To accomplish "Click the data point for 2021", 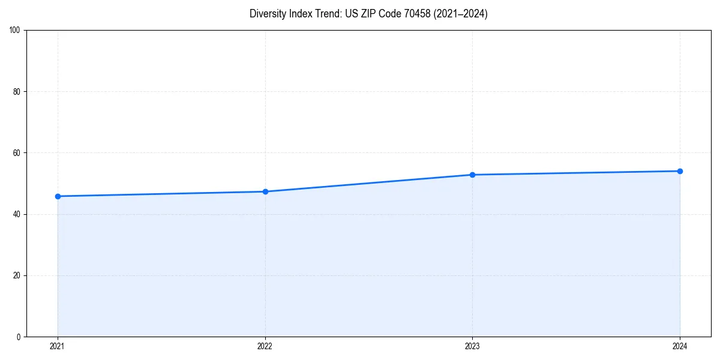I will point(58,196).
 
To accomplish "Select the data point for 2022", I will point(265,191).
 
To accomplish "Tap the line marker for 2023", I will point(472,175).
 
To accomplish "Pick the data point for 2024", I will point(680,171).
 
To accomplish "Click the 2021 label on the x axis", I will point(58,346).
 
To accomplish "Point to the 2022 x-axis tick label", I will point(265,346).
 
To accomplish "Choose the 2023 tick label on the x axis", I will point(472,346).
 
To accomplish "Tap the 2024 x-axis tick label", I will point(680,346).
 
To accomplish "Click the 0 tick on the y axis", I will point(19,337).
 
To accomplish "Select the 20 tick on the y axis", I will point(17,275).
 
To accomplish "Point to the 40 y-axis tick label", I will point(17,214).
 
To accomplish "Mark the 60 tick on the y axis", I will point(17,153).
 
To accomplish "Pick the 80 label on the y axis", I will point(17,92).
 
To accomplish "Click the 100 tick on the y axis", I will point(15,30).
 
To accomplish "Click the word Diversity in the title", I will point(268,14).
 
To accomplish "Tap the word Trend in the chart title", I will point(327,14).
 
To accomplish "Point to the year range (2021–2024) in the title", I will point(460,14).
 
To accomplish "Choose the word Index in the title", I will point(299,14).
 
